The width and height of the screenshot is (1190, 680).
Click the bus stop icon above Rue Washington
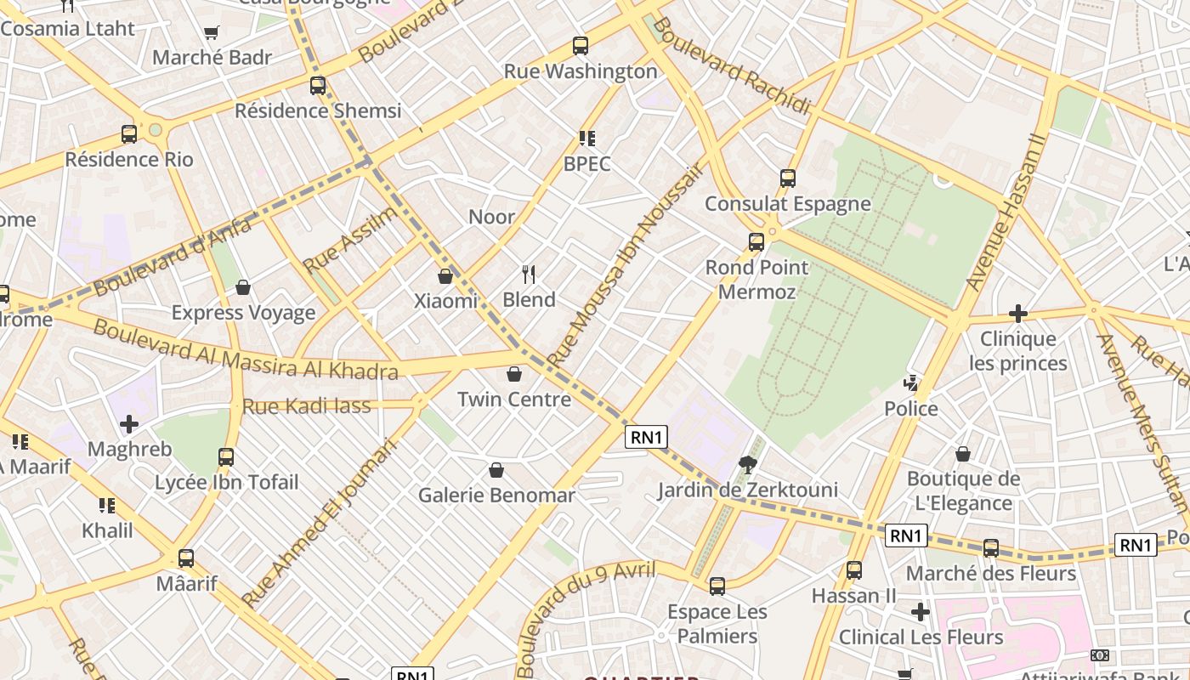581,46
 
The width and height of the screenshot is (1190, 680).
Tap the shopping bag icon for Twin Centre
514,374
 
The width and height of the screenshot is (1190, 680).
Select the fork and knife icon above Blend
529,274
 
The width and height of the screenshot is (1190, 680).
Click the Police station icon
911,383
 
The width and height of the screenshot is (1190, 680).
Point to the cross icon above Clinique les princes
1017,314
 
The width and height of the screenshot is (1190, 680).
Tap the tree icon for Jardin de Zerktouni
748,464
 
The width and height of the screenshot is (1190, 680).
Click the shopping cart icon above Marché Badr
211,33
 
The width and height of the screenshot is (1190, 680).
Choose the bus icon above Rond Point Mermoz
756,242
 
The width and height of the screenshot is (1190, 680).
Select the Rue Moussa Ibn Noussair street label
627,265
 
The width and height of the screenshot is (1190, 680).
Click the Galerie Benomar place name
496,495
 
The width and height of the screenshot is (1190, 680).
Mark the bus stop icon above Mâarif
186,558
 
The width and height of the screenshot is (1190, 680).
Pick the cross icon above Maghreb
129,423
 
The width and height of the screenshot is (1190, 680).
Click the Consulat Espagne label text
787,204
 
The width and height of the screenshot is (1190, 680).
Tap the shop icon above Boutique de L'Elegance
963,454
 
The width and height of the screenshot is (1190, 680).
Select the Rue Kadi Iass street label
307,406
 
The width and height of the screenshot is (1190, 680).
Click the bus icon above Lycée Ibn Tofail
226,457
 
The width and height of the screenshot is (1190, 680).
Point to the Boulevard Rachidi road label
731,65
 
